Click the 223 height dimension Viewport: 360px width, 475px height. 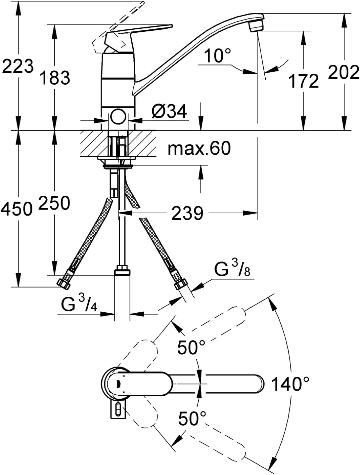click(18, 66)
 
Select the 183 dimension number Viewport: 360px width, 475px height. click(56, 78)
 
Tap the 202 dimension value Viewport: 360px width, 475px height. click(343, 72)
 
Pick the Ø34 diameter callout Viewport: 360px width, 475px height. click(169, 111)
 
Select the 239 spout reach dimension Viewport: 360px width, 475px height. click(187, 213)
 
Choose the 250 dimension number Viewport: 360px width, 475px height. click(54, 203)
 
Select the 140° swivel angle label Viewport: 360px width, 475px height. click(290, 384)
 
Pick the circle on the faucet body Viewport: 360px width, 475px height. click(118, 116)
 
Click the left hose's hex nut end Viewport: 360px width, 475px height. click(64, 284)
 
